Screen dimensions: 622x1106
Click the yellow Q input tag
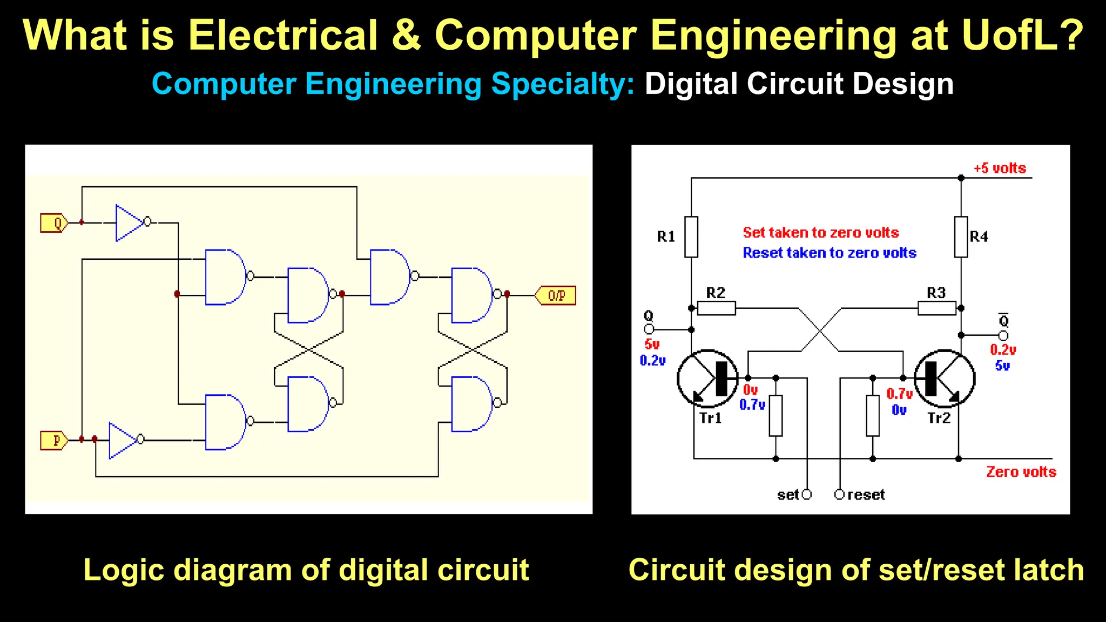[54, 223]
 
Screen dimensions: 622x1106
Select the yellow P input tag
[54, 441]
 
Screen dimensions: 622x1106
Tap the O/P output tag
[556, 295]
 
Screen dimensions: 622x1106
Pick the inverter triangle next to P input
[121, 440]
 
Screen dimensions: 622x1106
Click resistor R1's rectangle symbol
[691, 237]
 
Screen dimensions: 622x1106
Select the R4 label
[979, 236]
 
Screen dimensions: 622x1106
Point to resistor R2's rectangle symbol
[716, 308]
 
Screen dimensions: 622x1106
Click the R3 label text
[936, 293]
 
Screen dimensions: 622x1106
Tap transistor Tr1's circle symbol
[707, 378]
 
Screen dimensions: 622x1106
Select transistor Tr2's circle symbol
[945, 378]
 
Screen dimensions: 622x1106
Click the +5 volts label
[1000, 168]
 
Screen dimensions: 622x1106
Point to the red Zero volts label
[1021, 472]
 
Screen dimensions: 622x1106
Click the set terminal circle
[807, 495]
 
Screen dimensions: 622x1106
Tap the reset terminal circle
[839, 495]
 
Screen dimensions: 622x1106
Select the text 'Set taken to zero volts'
[820, 233]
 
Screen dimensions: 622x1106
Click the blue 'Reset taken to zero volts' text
[829, 253]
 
